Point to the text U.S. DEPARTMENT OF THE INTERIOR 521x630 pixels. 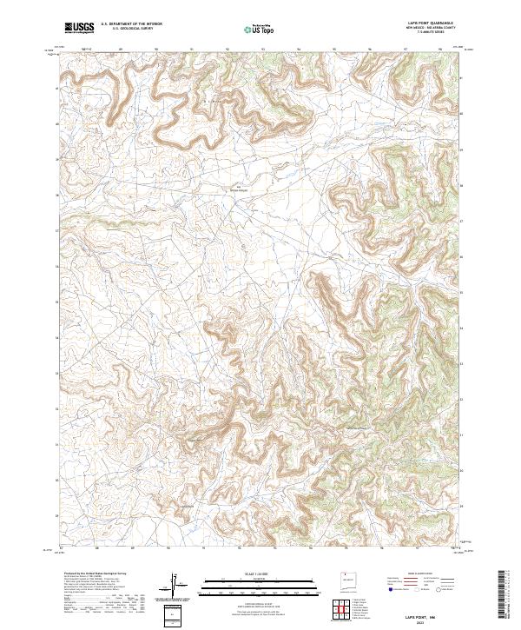130,25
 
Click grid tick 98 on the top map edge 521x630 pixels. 441,50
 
